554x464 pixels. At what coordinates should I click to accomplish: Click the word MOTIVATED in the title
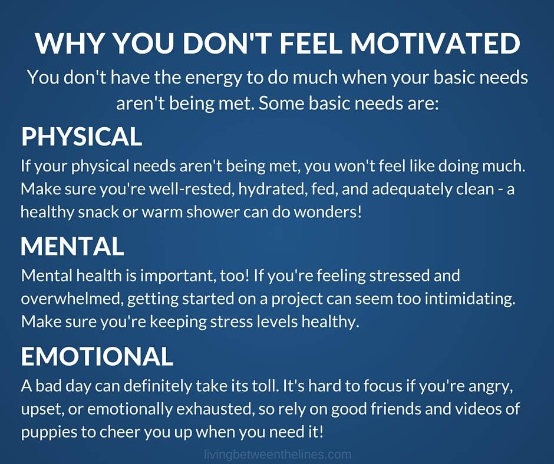[x=436, y=43]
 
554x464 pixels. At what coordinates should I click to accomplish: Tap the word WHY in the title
[x=70, y=43]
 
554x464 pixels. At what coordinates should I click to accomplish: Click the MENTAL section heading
[x=72, y=246]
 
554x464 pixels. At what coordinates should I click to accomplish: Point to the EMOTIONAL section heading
[x=97, y=356]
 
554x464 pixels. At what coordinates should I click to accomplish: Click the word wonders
[x=328, y=212]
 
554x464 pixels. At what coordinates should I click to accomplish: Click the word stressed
[x=399, y=276]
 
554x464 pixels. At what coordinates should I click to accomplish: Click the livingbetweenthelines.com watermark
[x=278, y=454]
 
